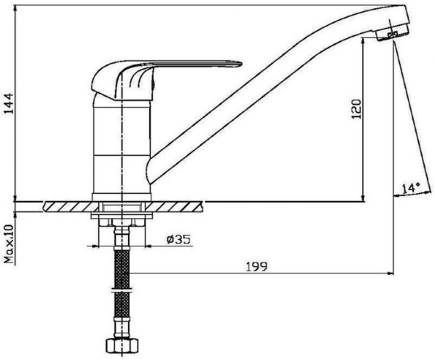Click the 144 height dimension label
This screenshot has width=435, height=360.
[x=9, y=104]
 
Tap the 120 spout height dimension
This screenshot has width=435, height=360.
[x=357, y=109]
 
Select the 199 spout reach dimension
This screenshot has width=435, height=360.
[x=257, y=267]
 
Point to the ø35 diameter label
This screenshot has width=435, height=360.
[x=179, y=239]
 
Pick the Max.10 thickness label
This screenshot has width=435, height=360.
[x=9, y=244]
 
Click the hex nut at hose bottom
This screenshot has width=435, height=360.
[x=122, y=346]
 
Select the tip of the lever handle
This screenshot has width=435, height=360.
[x=241, y=64]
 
